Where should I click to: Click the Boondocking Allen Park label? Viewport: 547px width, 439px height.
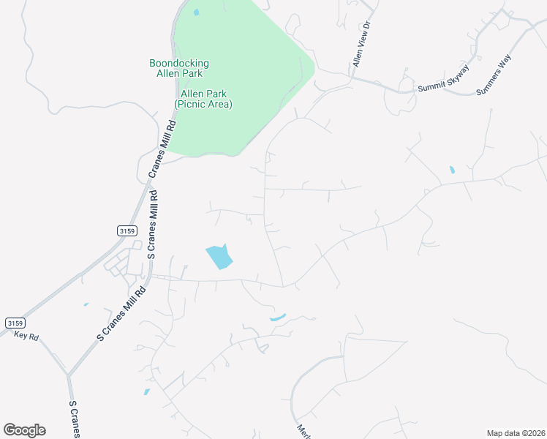179,68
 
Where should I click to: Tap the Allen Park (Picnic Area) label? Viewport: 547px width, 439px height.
203,99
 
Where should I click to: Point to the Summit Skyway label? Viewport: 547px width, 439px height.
443,80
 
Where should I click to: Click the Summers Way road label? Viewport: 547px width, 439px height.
494,75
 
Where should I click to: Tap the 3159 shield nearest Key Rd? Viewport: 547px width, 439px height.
15,323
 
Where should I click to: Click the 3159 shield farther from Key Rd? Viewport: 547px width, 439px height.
126,230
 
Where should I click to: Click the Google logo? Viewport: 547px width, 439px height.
24,430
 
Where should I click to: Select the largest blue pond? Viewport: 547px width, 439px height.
219,257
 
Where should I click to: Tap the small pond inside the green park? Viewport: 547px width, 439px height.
195,12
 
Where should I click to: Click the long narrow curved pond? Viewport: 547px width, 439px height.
277,318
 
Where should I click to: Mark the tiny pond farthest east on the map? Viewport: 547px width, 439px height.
452,170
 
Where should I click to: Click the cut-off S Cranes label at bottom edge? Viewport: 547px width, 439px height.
74,419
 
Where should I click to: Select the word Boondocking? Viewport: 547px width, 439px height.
179,63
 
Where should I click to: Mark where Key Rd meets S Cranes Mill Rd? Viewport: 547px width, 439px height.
68,375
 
